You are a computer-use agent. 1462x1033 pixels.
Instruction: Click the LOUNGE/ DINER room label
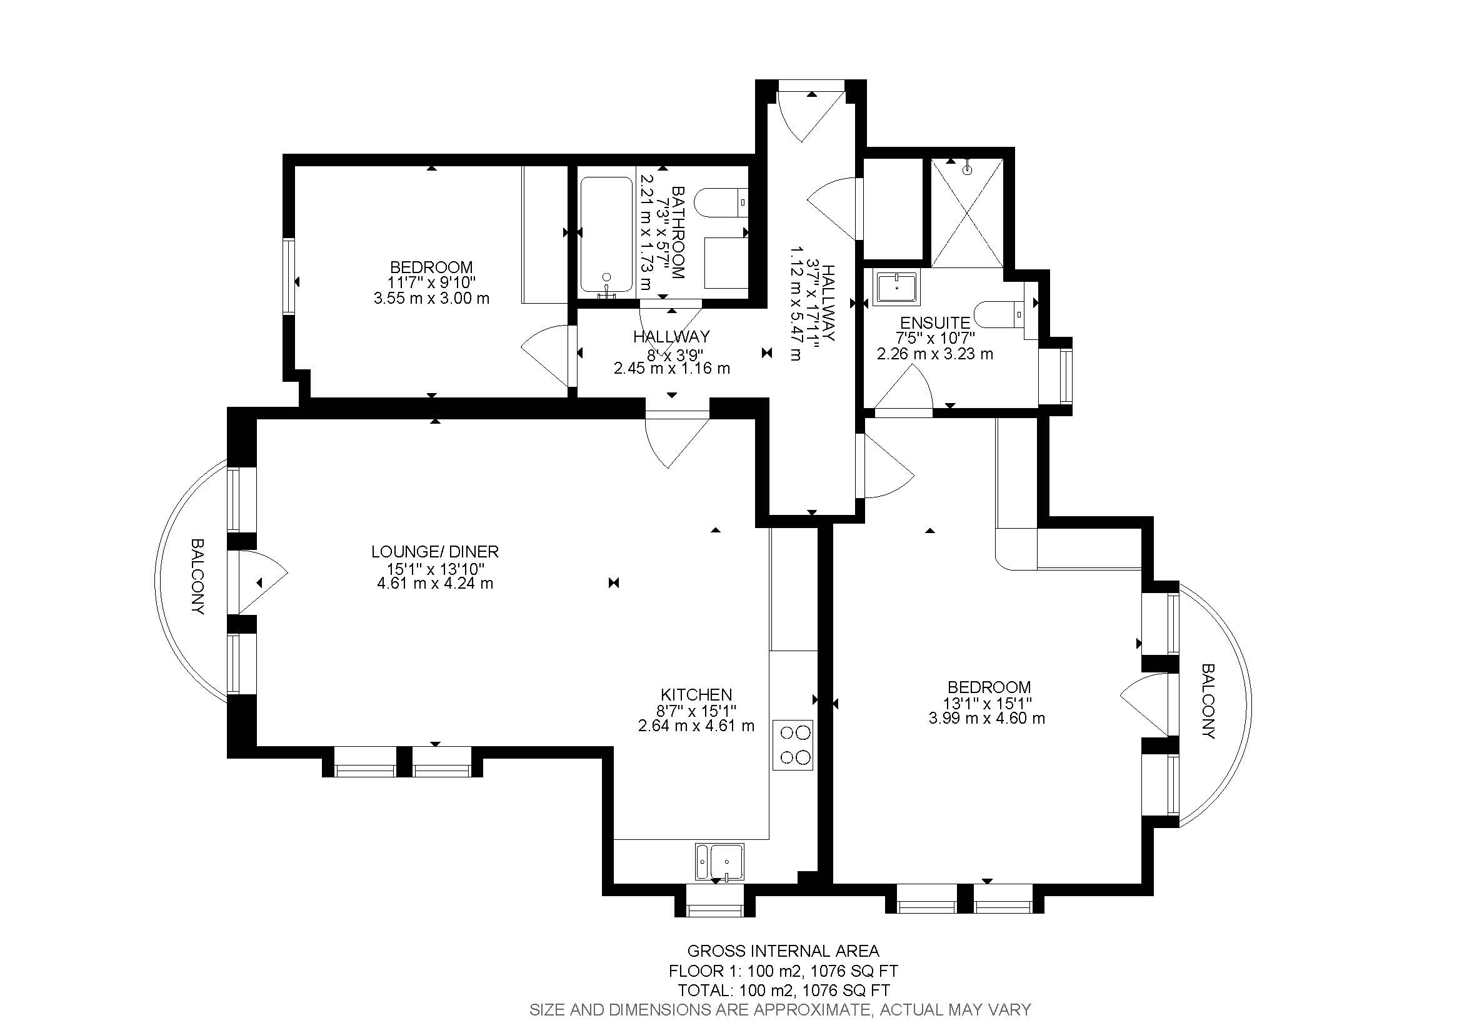pyautogui.click(x=435, y=552)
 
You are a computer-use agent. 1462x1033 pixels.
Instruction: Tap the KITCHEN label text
pyautogui.click(x=696, y=694)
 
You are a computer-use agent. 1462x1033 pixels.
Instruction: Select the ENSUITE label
pyautogui.click(x=934, y=323)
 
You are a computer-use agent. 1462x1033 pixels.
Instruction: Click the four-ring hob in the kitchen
pyautogui.click(x=793, y=745)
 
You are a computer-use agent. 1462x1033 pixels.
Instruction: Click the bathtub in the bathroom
pyautogui.click(x=606, y=237)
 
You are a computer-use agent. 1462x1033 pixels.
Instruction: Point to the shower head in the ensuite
pyautogui.click(x=967, y=170)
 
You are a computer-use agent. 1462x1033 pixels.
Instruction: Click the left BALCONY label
pyautogui.click(x=198, y=577)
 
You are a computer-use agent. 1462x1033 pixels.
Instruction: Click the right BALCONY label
pyautogui.click(x=1208, y=701)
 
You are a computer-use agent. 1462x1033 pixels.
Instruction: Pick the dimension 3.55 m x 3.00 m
pyautogui.click(x=431, y=298)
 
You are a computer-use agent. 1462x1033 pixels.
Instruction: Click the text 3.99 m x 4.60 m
pyautogui.click(x=987, y=719)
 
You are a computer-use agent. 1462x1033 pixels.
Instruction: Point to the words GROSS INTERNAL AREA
pyautogui.click(x=783, y=951)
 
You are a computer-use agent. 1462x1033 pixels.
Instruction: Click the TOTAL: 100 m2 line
pyautogui.click(x=783, y=991)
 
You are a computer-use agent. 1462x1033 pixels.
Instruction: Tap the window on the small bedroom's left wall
pyautogui.click(x=290, y=276)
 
